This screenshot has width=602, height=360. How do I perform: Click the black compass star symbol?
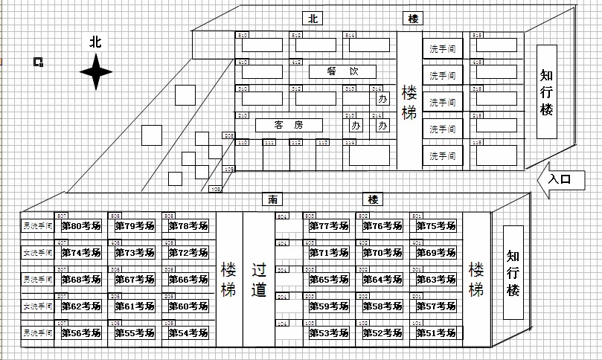click(96, 72)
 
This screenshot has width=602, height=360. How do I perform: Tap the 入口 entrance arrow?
click(559, 179)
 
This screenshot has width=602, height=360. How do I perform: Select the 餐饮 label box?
click(342, 71)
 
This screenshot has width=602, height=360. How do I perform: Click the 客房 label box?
click(289, 124)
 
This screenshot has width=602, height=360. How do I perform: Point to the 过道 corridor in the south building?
click(259, 279)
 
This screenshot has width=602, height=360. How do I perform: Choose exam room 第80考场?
click(80, 226)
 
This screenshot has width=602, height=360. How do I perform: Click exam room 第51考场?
click(435, 333)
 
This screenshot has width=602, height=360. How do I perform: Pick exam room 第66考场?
click(188, 280)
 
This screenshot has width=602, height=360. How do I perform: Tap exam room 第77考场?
click(328, 226)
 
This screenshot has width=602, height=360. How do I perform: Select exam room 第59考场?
click(328, 306)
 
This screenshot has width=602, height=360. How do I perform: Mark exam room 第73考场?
click(134, 253)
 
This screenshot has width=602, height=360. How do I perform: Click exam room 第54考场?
click(188, 333)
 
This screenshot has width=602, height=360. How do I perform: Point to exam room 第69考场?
click(435, 253)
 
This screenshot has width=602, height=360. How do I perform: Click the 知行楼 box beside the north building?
click(547, 91)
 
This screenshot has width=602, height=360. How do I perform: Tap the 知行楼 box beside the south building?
click(513, 272)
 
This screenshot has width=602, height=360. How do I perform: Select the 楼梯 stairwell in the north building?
click(409, 102)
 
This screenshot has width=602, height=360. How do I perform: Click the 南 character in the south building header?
click(273, 199)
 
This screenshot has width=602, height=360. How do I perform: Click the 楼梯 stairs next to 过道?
click(228, 279)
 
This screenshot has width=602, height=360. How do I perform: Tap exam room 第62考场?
click(80, 306)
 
